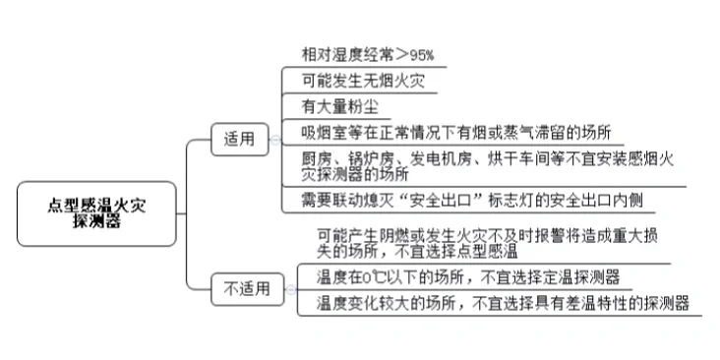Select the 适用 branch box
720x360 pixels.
[x=239, y=141]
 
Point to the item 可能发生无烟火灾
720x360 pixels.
[x=355, y=80]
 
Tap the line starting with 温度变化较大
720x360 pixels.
[x=503, y=302]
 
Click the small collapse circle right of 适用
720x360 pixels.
[x=273, y=141]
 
